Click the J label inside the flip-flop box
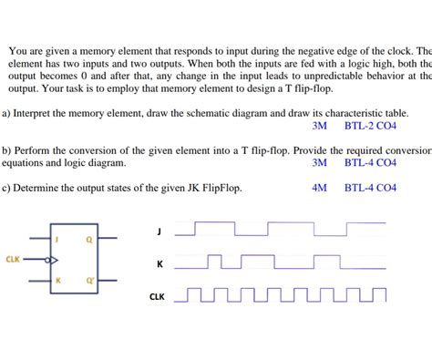(x=57, y=240)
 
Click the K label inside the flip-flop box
(x=57, y=280)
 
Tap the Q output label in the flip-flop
(x=88, y=240)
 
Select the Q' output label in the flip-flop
(x=89, y=280)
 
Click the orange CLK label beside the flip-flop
(x=13, y=260)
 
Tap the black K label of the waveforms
(x=159, y=265)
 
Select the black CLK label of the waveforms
(x=157, y=297)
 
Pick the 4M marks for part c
(x=318, y=189)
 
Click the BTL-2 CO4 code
(x=370, y=126)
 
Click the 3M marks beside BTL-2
(x=318, y=126)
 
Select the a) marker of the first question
(x=5, y=113)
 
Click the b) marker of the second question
(x=5, y=150)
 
